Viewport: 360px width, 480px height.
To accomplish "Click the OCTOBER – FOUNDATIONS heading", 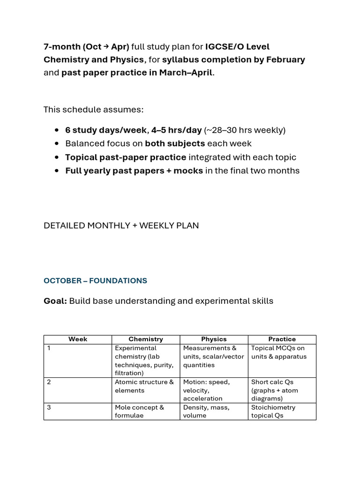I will (95, 281).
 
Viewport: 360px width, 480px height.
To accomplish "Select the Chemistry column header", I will (146, 339).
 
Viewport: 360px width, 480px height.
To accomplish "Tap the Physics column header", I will (214, 339).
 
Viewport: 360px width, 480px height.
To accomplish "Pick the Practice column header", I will (282, 339).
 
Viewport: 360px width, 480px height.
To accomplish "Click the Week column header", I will (78, 339).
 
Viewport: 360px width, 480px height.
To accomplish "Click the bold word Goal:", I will (55, 301).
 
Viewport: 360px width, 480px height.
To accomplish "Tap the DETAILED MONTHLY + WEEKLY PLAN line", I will (121, 225).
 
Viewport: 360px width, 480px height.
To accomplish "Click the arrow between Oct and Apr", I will (105, 46).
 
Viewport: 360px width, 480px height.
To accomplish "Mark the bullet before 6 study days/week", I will (57, 130).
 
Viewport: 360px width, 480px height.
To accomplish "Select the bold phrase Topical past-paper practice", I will (126, 157).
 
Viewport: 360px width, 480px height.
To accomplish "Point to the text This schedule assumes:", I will (93, 110).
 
